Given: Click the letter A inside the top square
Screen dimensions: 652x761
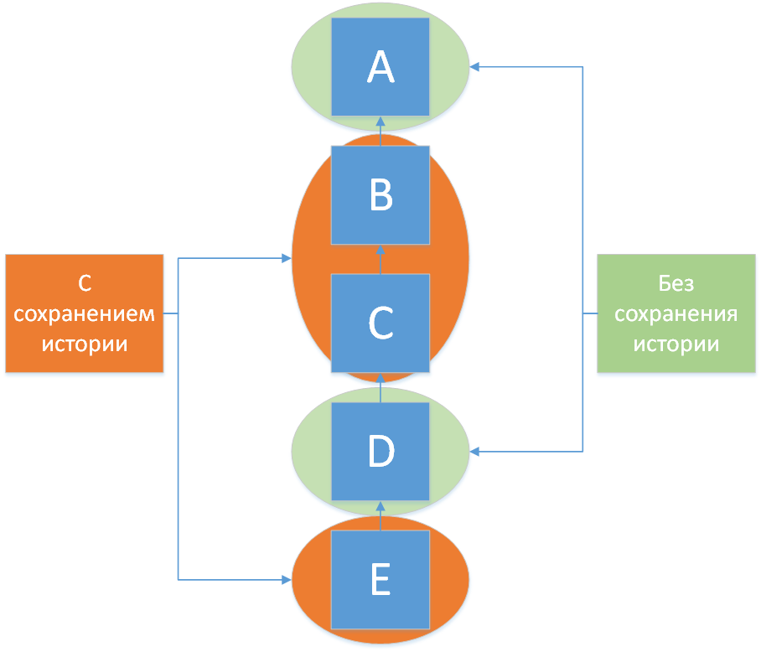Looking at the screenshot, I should click(380, 67).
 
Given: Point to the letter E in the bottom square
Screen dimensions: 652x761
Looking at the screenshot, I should click(380, 579).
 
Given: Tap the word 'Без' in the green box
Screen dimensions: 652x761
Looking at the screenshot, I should click(676, 283).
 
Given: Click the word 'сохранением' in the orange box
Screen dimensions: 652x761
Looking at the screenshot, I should click(85, 314).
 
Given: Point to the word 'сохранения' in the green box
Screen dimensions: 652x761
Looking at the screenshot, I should click(676, 314).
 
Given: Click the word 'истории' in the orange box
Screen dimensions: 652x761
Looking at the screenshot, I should click(85, 344).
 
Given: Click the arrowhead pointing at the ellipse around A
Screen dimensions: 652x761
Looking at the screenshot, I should click(474, 67).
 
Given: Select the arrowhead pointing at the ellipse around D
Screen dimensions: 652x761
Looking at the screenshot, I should click(474, 452).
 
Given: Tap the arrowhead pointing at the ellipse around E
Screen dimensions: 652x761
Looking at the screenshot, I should click(287, 579).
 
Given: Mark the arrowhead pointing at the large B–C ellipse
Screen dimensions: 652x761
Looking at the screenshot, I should click(287, 259).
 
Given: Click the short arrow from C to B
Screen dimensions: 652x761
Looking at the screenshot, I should click(380, 259).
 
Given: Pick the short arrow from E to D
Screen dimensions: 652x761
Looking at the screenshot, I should click(380, 515).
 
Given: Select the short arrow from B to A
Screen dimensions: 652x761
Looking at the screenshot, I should click(380, 131).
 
